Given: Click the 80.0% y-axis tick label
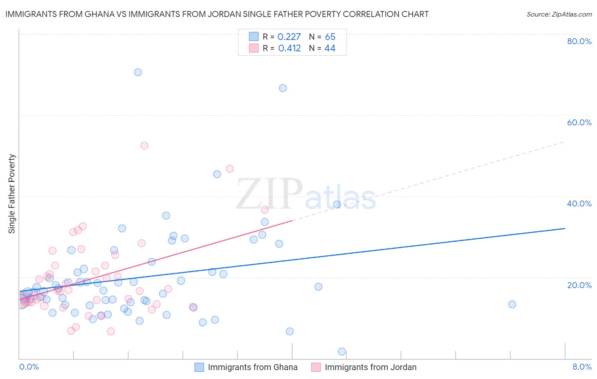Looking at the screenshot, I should (579, 41).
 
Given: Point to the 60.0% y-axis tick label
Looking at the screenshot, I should (579, 122).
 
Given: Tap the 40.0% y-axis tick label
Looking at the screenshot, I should (579, 204).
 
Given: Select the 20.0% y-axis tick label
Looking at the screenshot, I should (579, 285).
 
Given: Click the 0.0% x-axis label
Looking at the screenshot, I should (29, 367).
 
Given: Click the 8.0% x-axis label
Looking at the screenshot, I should (582, 367).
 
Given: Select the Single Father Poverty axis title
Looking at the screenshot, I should (12, 194).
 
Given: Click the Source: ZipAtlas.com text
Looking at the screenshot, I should (559, 14).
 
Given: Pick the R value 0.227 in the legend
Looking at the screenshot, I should (289, 37).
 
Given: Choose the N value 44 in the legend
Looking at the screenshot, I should (330, 48).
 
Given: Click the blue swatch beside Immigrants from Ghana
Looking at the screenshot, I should (199, 367).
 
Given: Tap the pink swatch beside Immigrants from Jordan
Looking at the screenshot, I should (316, 367).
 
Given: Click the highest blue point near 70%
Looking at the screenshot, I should (138, 72).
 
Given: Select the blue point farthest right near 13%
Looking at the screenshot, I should (512, 304).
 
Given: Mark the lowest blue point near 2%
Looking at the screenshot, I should (342, 351).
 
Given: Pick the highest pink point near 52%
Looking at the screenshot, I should (144, 145).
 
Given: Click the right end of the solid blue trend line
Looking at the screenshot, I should (565, 229).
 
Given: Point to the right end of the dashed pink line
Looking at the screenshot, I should (565, 141).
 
